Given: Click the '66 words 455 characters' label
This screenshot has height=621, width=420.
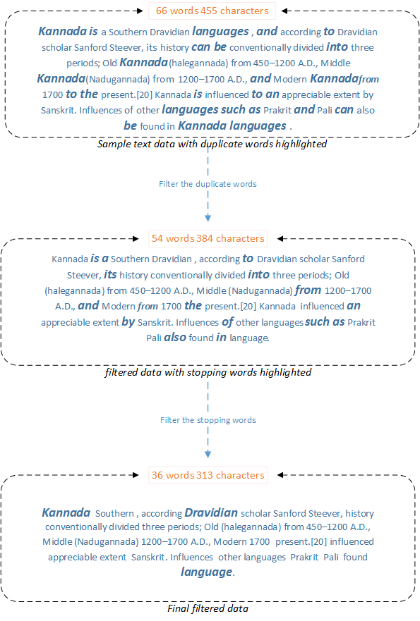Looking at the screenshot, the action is click(x=212, y=11).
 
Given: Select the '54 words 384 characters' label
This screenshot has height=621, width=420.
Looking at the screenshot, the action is click(x=208, y=238).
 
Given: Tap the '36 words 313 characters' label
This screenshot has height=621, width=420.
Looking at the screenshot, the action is click(x=208, y=475).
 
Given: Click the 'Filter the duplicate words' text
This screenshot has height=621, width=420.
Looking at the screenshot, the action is click(x=208, y=184).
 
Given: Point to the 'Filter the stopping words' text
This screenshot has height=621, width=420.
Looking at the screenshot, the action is click(x=208, y=420).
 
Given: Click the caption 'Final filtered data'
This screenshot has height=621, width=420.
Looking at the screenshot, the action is click(x=208, y=608).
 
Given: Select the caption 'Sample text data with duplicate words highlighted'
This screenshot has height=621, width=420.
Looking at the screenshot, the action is click(x=212, y=144).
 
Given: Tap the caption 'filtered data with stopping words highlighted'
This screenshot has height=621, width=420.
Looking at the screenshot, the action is click(x=208, y=372).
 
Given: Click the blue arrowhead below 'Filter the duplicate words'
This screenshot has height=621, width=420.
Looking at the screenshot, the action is click(x=208, y=218).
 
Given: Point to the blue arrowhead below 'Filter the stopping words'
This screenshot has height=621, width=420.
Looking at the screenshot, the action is click(x=208, y=454).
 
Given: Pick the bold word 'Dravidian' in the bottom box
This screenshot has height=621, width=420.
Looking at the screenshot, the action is click(x=211, y=513).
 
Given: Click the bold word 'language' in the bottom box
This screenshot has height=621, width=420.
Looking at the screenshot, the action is click(x=207, y=572).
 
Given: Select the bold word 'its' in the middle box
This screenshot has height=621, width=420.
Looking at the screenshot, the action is click(x=110, y=274).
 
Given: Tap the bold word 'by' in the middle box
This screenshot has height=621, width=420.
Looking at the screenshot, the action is click(x=128, y=321).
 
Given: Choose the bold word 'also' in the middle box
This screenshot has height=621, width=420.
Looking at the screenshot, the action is click(x=175, y=338).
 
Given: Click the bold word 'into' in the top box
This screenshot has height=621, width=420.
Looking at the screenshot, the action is click(x=337, y=47).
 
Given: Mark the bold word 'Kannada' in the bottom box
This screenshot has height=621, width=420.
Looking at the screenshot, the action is click(x=66, y=513).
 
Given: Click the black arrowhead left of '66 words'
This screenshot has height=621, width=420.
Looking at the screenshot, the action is click(x=140, y=11).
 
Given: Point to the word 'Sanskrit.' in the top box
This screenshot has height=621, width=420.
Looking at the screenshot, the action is click(x=59, y=110).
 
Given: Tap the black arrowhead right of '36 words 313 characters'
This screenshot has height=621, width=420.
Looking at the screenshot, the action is click(x=280, y=475).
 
